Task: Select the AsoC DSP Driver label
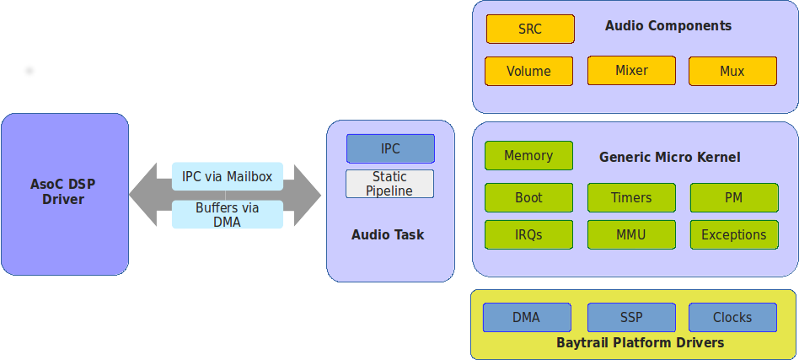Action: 63,191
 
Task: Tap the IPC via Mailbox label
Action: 228,176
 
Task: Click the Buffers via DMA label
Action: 228,214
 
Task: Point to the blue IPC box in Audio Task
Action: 390,148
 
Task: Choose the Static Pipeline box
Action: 389,184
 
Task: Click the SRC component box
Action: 530,29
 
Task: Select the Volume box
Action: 528,71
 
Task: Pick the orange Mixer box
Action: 631,70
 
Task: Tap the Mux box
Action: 732,71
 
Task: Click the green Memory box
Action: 528,155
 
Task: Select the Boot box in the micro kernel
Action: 528,197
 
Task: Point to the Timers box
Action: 631,197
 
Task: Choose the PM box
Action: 733,197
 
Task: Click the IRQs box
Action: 528,234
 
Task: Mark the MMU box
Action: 631,234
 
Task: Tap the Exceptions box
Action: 733,234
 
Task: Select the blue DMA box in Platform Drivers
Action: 527,317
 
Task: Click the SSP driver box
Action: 631,317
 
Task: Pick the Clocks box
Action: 732,317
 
